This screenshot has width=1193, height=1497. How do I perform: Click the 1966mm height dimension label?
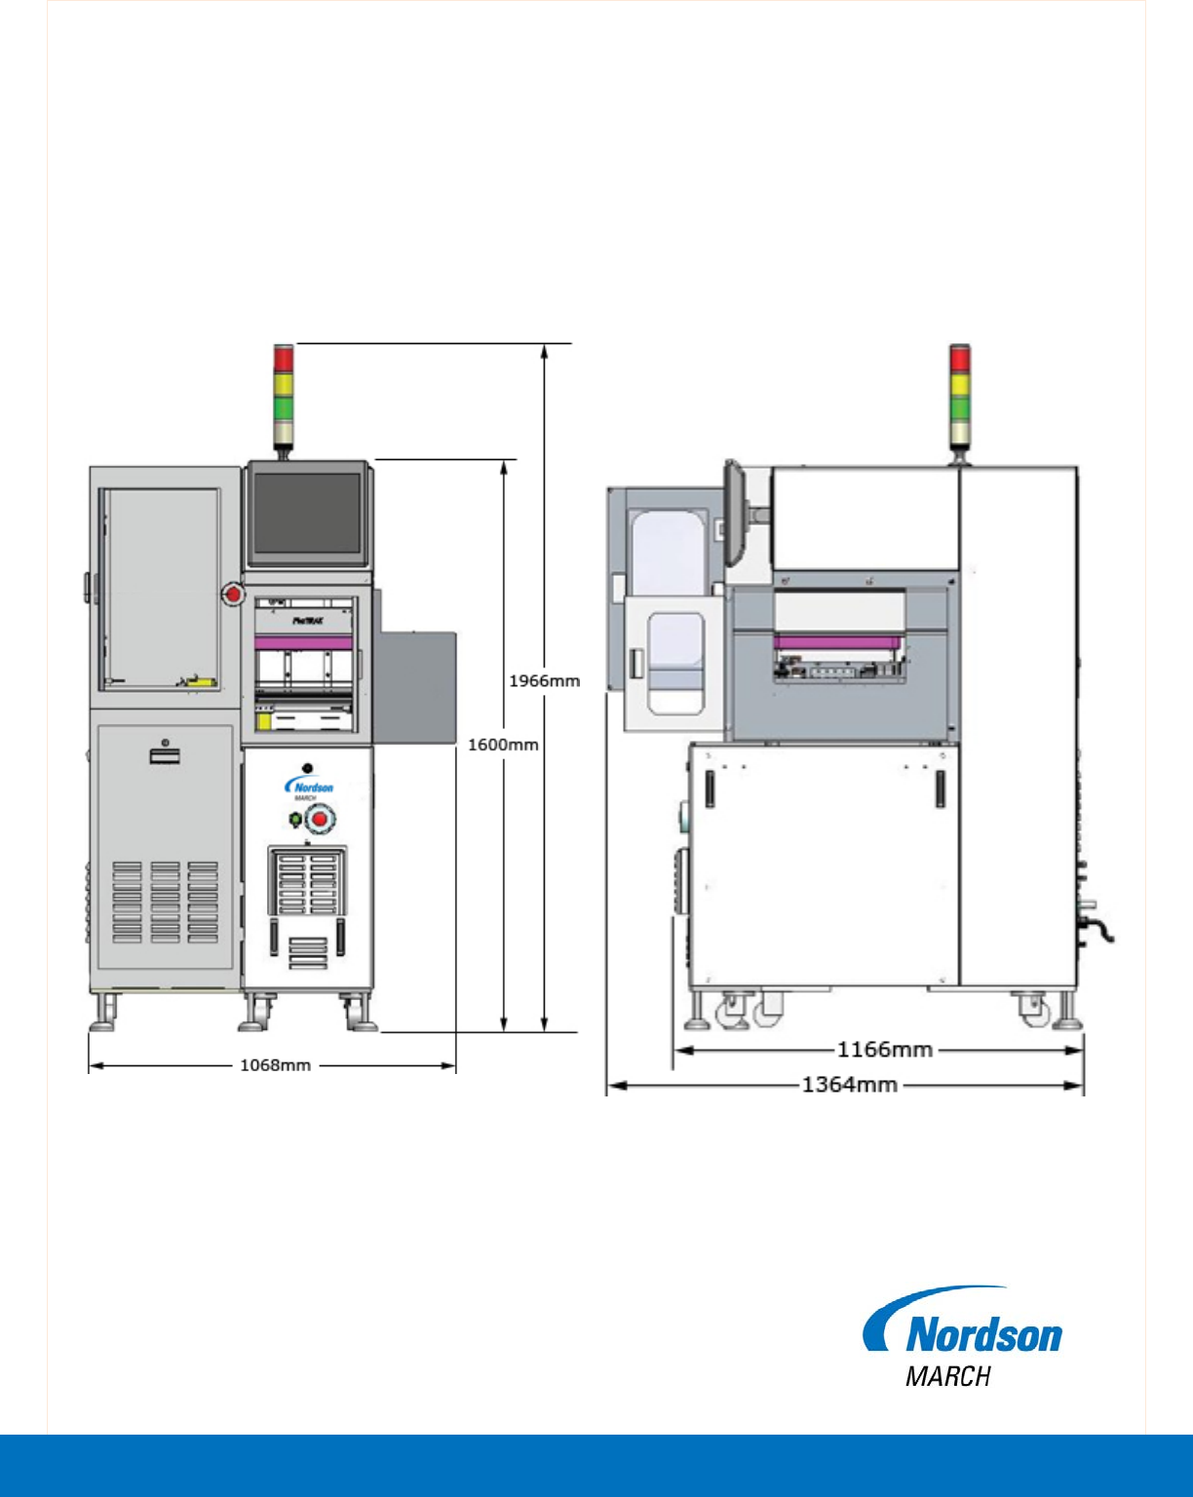click(x=544, y=681)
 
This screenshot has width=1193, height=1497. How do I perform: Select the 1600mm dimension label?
click(x=503, y=746)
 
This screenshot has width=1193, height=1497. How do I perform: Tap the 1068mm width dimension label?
click(x=275, y=1065)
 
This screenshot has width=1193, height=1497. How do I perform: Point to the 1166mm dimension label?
click(x=884, y=1050)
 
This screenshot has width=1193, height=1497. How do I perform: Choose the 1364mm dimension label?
click(x=849, y=1085)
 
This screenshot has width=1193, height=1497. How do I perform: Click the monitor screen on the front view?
click(x=306, y=514)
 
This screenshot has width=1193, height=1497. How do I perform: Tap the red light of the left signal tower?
click(x=284, y=359)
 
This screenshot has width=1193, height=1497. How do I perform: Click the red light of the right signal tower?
click(x=960, y=358)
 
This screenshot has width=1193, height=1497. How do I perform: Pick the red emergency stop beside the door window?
click(x=232, y=593)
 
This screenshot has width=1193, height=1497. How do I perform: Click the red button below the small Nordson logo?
click(x=319, y=821)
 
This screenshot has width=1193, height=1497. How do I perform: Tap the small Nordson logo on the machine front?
click(x=309, y=787)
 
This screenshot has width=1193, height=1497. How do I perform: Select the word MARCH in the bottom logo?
click(x=947, y=1376)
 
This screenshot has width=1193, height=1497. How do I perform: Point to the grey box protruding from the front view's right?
click(x=416, y=684)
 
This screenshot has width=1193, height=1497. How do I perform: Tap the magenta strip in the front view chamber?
click(x=302, y=642)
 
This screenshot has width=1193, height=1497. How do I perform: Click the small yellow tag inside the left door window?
click(x=203, y=681)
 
